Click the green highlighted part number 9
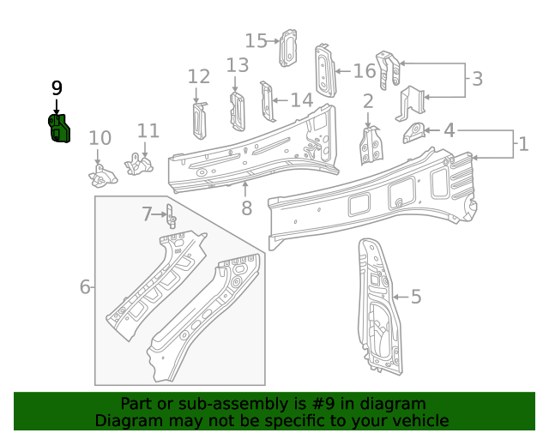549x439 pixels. [59, 129]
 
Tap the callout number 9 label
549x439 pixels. [57, 88]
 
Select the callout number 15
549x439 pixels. [256, 40]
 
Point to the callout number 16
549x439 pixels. [365, 70]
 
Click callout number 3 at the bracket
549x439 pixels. [477, 79]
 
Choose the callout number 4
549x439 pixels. [449, 130]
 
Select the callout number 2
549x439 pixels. [368, 102]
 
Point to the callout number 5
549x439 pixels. [416, 297]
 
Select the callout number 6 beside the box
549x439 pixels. [85, 286]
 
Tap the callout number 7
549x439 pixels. [148, 213]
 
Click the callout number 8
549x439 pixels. [246, 207]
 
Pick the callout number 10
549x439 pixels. [100, 138]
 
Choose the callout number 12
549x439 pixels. [198, 76]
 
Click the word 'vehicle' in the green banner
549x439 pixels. [419, 420]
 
